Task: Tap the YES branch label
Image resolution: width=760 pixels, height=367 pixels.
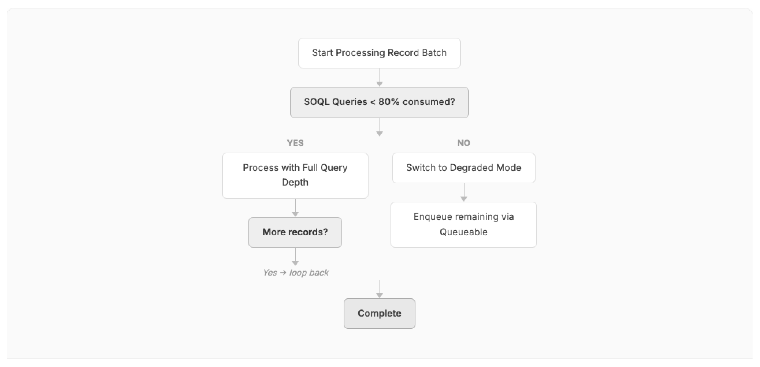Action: click(x=295, y=143)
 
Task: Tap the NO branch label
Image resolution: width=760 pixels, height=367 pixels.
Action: click(x=464, y=143)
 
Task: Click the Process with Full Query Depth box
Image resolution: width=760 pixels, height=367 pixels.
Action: click(x=295, y=175)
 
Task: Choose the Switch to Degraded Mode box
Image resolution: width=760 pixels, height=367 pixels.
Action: click(x=464, y=168)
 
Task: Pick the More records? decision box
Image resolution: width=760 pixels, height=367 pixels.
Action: click(x=295, y=232)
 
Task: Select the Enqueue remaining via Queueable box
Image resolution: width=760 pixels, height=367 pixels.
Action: click(x=464, y=225)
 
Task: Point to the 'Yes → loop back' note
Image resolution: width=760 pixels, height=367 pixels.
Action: click(x=296, y=273)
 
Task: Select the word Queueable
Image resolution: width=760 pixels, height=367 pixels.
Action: click(x=464, y=232)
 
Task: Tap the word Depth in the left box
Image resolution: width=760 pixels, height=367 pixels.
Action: click(x=295, y=183)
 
